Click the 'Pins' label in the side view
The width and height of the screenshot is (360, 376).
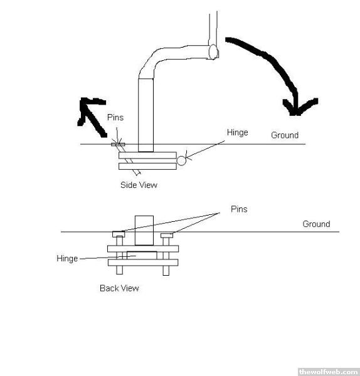point(115,117)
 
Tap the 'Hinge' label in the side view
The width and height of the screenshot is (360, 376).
point(237,133)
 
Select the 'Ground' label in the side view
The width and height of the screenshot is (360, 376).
point(285,135)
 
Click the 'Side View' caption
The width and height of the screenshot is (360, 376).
point(139,185)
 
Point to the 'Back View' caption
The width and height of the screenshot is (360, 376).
point(119,288)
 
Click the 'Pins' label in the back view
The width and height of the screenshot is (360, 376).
point(239,209)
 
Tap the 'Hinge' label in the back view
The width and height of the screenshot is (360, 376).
point(67,259)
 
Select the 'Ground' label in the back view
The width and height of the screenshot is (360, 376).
point(316,224)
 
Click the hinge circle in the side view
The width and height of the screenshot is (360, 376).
point(181,160)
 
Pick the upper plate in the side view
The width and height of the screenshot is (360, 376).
point(147,155)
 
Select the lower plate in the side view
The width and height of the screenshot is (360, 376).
point(147,166)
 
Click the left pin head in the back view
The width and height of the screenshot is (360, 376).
point(119,234)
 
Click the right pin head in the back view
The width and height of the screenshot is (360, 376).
point(167,236)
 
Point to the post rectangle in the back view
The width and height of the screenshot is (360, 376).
point(144,231)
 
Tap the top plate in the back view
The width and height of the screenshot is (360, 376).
point(143,249)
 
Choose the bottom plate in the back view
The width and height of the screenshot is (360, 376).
point(143,263)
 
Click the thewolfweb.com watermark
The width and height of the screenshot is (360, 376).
point(328,372)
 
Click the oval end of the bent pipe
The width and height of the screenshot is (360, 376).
point(213,52)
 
